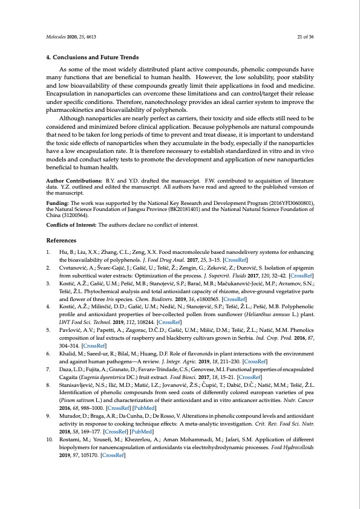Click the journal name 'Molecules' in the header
pyautogui.click(x=57, y=36)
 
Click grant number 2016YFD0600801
pyautogui.click(x=293, y=196)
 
